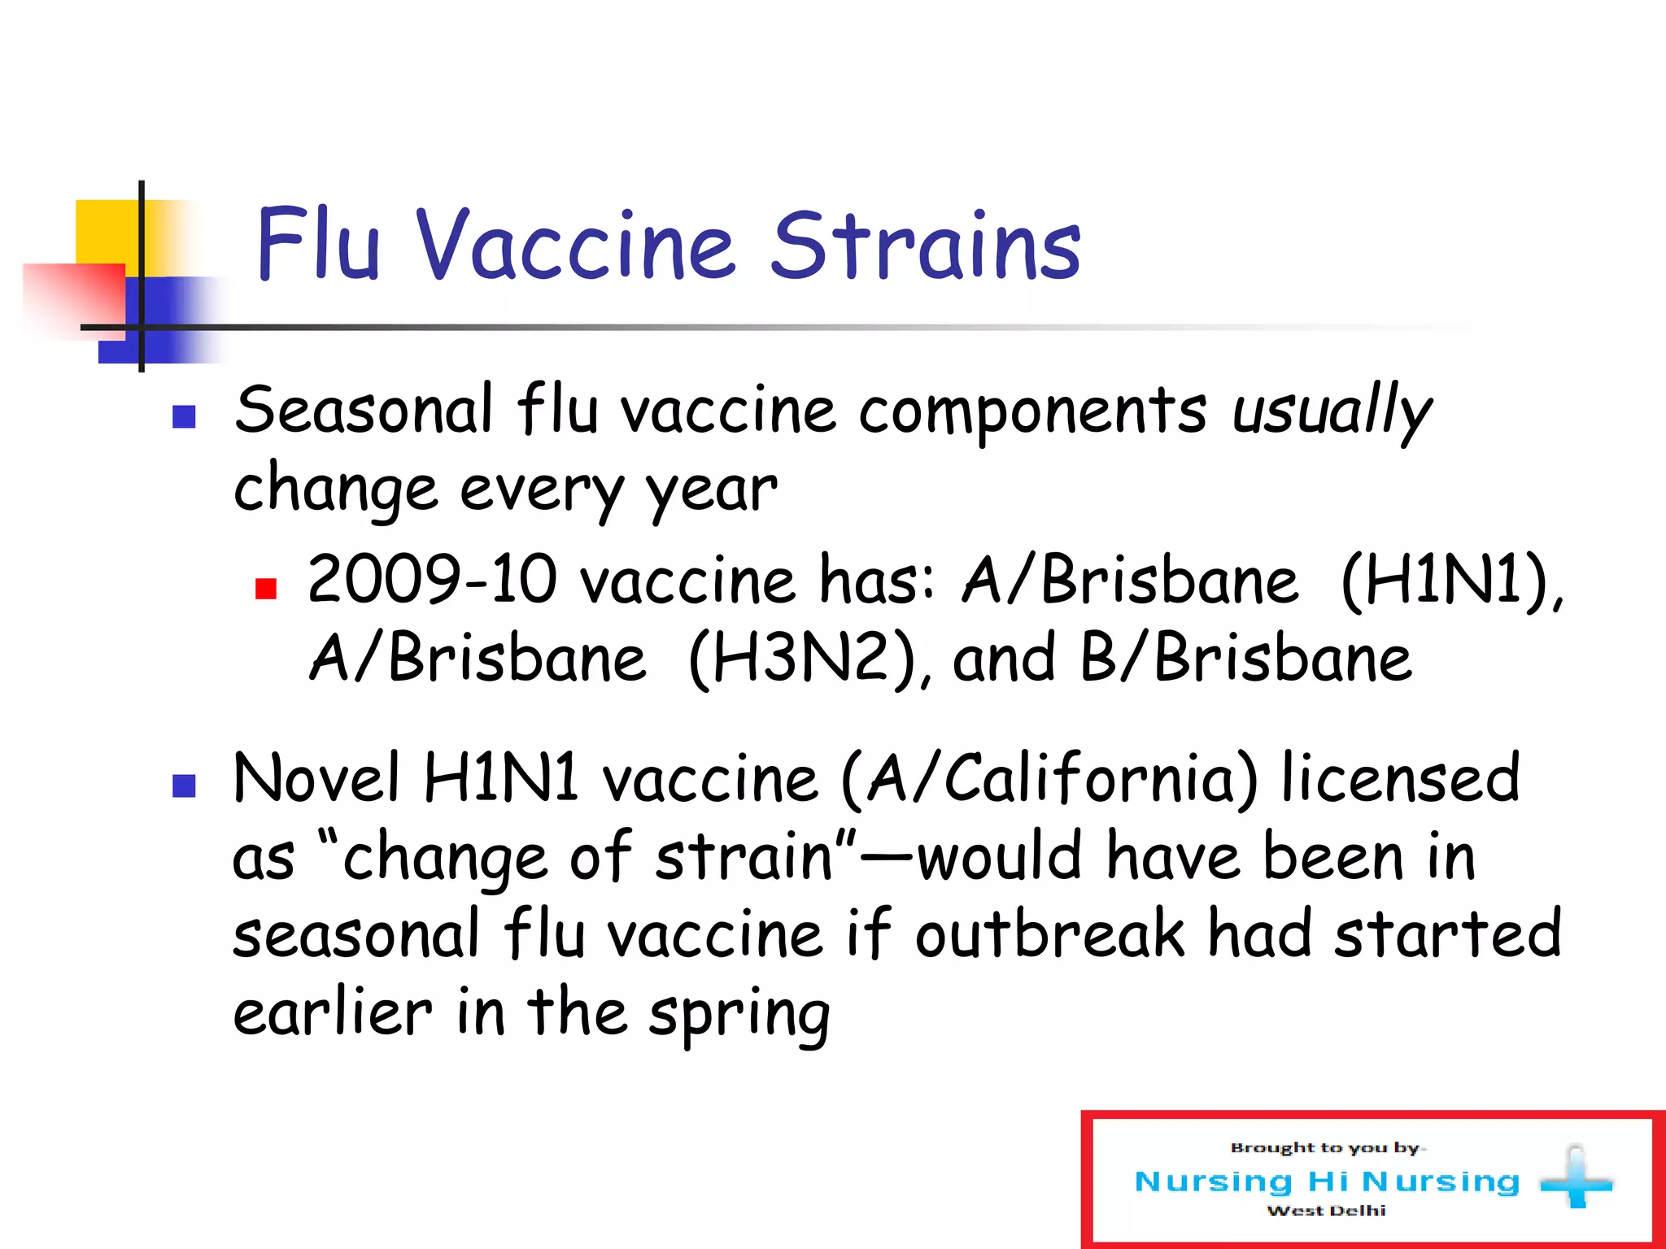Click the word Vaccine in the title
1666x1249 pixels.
click(576, 245)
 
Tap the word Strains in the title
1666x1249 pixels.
click(926, 245)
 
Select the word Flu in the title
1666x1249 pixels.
click(318, 245)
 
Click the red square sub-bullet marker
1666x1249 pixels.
click(266, 588)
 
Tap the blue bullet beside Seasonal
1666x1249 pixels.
click(185, 417)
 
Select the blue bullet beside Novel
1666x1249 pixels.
click(185, 786)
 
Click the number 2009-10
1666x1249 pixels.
click(432, 580)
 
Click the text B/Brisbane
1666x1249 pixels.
click(1245, 659)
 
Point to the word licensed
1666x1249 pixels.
click(1400, 778)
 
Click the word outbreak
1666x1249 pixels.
click(1049, 935)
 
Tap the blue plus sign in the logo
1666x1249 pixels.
click(1576, 1178)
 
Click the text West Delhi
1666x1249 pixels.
click(1326, 1211)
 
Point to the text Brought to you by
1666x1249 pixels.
click(1326, 1148)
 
